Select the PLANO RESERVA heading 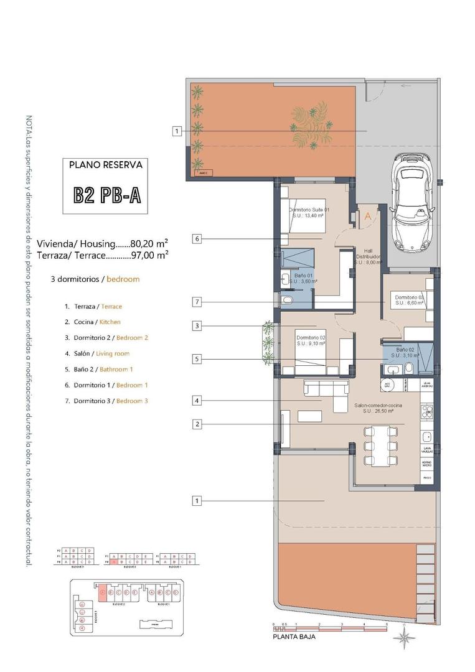pyautogui.click(x=105, y=166)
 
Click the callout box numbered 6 pyautogui.click(x=196, y=238)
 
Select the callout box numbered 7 pyautogui.click(x=196, y=302)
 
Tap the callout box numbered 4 pyautogui.click(x=196, y=401)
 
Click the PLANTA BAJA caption pyautogui.click(x=294, y=638)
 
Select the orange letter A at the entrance pyautogui.click(x=368, y=217)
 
